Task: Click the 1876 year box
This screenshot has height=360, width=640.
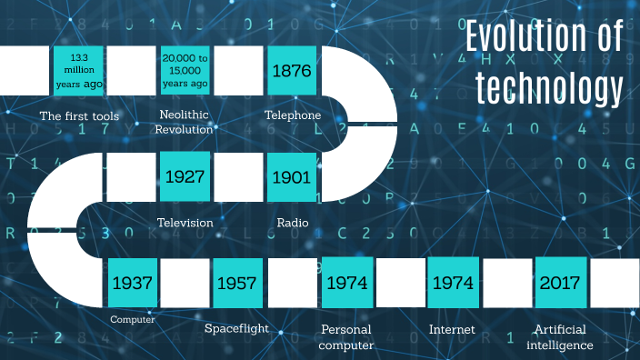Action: pos(292,71)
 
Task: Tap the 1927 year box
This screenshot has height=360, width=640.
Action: pos(185,176)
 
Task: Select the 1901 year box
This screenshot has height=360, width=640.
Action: pos(292,176)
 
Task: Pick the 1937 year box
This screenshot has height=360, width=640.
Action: pos(132,283)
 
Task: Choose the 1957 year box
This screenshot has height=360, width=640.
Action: pos(239,283)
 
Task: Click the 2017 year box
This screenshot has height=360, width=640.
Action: pos(560,283)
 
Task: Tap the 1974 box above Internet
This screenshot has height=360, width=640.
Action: pos(453,283)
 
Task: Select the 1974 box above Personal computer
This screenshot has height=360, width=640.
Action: pos(346,283)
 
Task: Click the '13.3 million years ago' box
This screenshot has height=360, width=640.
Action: pos(78,71)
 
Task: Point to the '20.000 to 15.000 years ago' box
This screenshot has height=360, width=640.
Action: pos(185,71)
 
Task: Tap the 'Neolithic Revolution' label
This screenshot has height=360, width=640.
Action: pos(185,123)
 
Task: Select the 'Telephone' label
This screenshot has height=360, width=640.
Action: pos(293,116)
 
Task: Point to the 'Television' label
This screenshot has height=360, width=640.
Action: pos(185,223)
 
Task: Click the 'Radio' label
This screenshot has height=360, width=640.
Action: pos(293,223)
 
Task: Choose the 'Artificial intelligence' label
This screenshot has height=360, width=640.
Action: pos(560,336)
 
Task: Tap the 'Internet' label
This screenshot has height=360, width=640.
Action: pos(452,328)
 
